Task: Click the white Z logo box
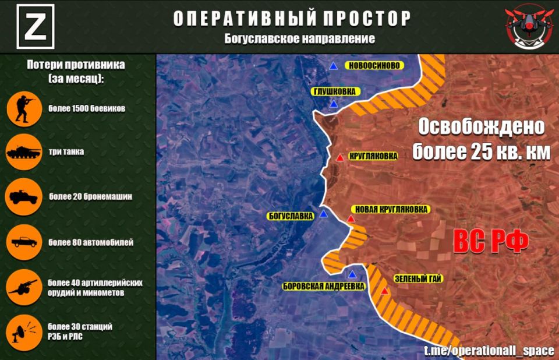[x=36, y=26]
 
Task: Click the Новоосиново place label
[x=374, y=65]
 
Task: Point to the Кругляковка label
[x=373, y=156]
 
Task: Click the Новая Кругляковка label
[x=390, y=209]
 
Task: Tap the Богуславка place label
[x=291, y=216]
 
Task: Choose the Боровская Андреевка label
[x=324, y=286]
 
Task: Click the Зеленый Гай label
[x=418, y=279]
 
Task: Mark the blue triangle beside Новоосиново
[x=333, y=66]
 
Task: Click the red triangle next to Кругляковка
[x=339, y=158]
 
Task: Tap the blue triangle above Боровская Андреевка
[x=352, y=274]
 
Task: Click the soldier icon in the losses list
[x=24, y=109]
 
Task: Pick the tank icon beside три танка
[x=24, y=153]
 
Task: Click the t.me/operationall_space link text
[x=489, y=351]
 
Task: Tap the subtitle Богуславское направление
[x=300, y=38]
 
